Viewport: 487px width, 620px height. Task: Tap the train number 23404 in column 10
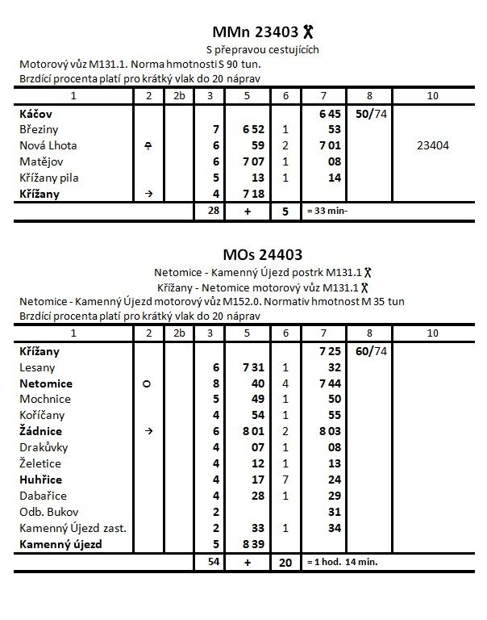click(434, 145)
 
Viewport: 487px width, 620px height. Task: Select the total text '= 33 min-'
click(330, 211)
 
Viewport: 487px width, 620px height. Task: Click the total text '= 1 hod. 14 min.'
click(341, 561)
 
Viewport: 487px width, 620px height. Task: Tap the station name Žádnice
click(40, 431)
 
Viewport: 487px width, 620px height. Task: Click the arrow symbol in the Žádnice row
click(147, 432)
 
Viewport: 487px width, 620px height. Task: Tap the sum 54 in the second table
click(214, 561)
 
